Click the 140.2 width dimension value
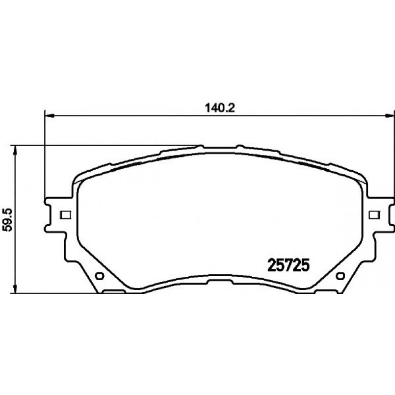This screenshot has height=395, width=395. tap(220, 108)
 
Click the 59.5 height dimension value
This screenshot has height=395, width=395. tap(7, 219)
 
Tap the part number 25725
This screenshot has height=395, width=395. tap(288, 265)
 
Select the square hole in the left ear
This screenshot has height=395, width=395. tap(65, 214)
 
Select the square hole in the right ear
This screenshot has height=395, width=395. tap(374, 214)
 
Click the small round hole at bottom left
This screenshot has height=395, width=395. tap(100, 276)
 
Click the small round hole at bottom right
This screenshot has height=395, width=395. tap(340, 276)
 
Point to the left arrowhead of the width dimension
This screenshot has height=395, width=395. tap(49, 116)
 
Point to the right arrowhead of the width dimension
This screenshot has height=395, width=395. tap(390, 116)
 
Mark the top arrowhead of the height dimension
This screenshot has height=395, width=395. tap(15, 151)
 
